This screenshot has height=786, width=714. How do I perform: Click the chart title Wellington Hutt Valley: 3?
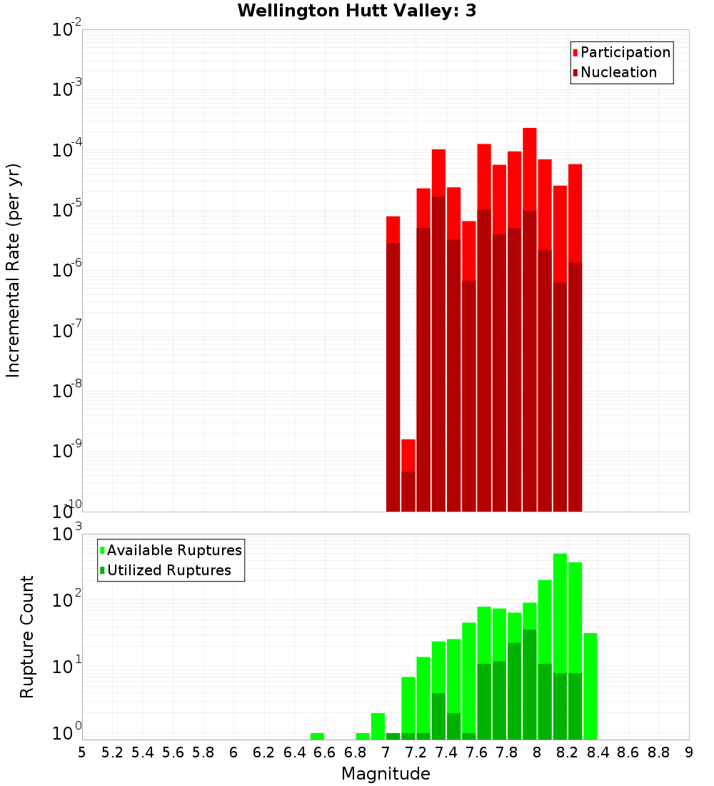coord(357,11)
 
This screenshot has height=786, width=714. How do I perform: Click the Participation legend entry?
coord(625,52)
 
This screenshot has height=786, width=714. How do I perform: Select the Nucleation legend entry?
coord(618,72)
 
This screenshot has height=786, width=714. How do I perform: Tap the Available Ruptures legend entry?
coord(174,550)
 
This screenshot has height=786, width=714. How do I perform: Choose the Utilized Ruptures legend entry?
coord(169,570)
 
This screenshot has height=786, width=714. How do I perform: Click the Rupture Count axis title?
coord(27,636)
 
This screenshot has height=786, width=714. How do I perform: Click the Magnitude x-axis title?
coord(386,774)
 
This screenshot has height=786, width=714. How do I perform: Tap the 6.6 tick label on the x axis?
coord(324,752)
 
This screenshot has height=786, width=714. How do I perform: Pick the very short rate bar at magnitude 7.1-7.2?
coord(408,475)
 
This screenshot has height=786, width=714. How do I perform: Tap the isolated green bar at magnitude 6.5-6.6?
coord(317,736)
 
